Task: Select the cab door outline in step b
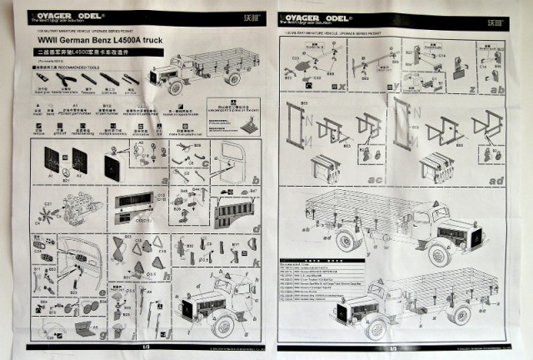(x=233, y=163)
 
